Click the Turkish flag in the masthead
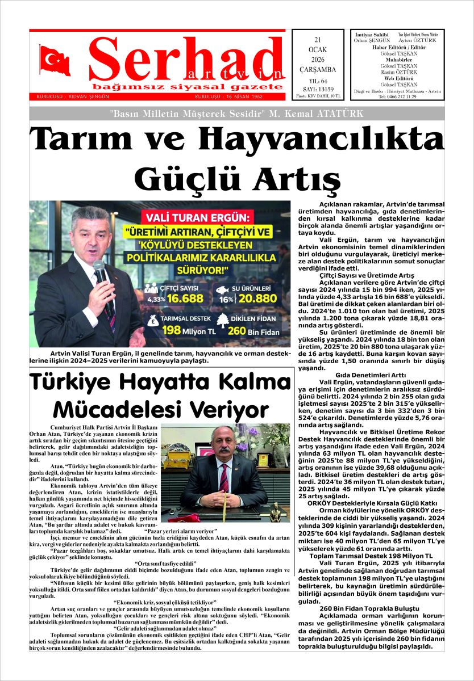pyautogui.click(x=55, y=60)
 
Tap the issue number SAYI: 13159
pyautogui.click(x=318, y=89)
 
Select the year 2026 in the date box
pyautogui.click(x=318, y=60)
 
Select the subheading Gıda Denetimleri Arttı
pyautogui.click(x=371, y=375)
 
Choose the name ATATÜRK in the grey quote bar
pyautogui.click(x=337, y=113)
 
